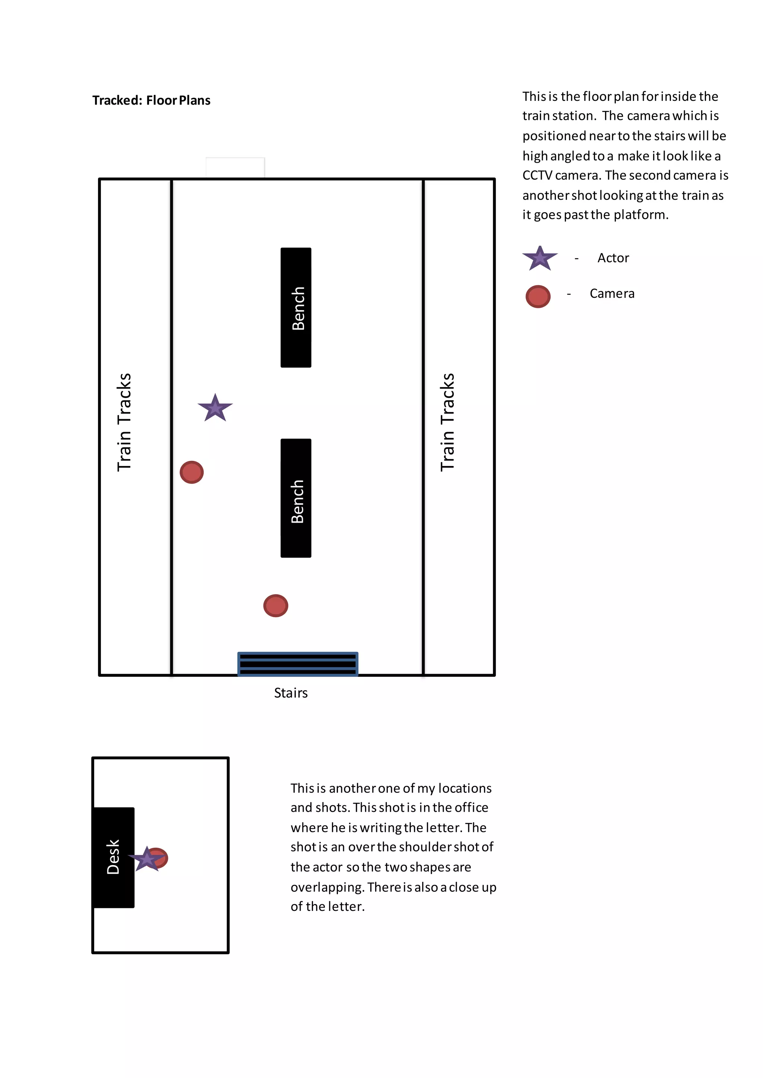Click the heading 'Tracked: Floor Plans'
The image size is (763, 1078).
tap(151, 101)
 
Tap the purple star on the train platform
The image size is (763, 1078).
tap(215, 408)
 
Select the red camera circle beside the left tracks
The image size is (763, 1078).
tap(192, 472)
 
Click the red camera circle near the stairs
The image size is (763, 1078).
tap(276, 606)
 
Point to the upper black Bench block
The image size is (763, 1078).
tap(296, 307)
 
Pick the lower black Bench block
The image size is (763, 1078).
tap(296, 498)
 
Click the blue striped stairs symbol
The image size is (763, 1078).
tap(298, 664)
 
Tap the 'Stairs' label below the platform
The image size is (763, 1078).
tap(291, 693)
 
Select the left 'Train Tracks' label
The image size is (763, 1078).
tap(124, 422)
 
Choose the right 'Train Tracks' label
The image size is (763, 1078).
tap(447, 422)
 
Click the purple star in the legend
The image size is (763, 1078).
tap(540, 258)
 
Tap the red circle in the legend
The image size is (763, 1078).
tap(538, 296)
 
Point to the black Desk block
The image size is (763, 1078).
tap(114, 857)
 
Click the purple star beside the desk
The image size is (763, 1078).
tap(146, 859)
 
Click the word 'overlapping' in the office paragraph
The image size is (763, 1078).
tap(327, 887)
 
